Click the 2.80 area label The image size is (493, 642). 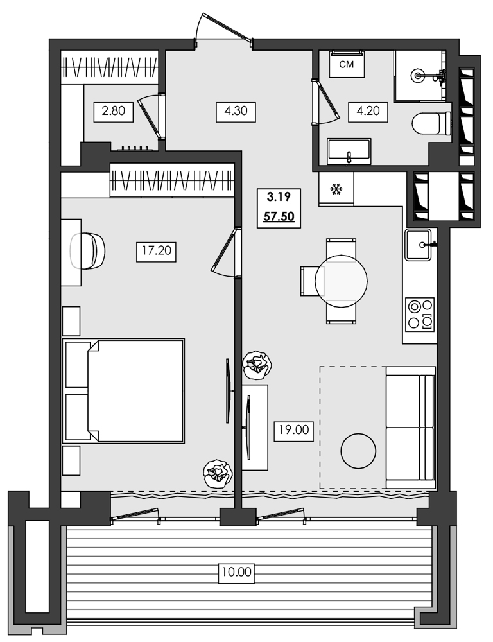tap(114, 112)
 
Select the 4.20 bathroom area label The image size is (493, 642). tap(368, 112)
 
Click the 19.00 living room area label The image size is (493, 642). tap(293, 431)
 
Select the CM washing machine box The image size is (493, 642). tap(347, 64)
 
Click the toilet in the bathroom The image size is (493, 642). tap(431, 123)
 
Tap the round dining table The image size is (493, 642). tap(341, 281)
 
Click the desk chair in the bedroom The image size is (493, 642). tap(88, 251)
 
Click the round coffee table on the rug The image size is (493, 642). tap(358, 451)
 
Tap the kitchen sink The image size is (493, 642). tap(421, 244)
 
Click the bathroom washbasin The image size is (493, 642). tap(349, 152)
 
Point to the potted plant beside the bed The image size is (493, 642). tap(217, 474)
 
